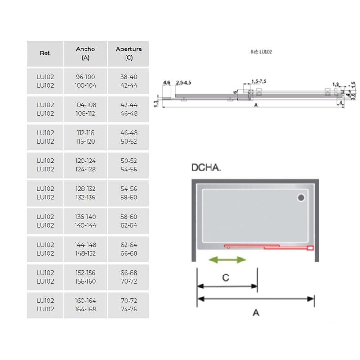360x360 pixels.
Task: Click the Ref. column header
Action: (x=45, y=53)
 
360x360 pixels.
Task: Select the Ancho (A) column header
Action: (x=85, y=53)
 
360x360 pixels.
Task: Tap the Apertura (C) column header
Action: (x=129, y=53)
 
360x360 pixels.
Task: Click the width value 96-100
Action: (x=85, y=77)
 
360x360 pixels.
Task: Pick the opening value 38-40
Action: (x=129, y=77)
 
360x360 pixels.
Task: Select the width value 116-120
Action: (x=85, y=141)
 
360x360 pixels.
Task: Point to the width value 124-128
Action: (x=85, y=170)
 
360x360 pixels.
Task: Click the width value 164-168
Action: (x=85, y=309)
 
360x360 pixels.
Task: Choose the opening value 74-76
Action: (x=129, y=309)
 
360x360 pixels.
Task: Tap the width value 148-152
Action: (x=85, y=253)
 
